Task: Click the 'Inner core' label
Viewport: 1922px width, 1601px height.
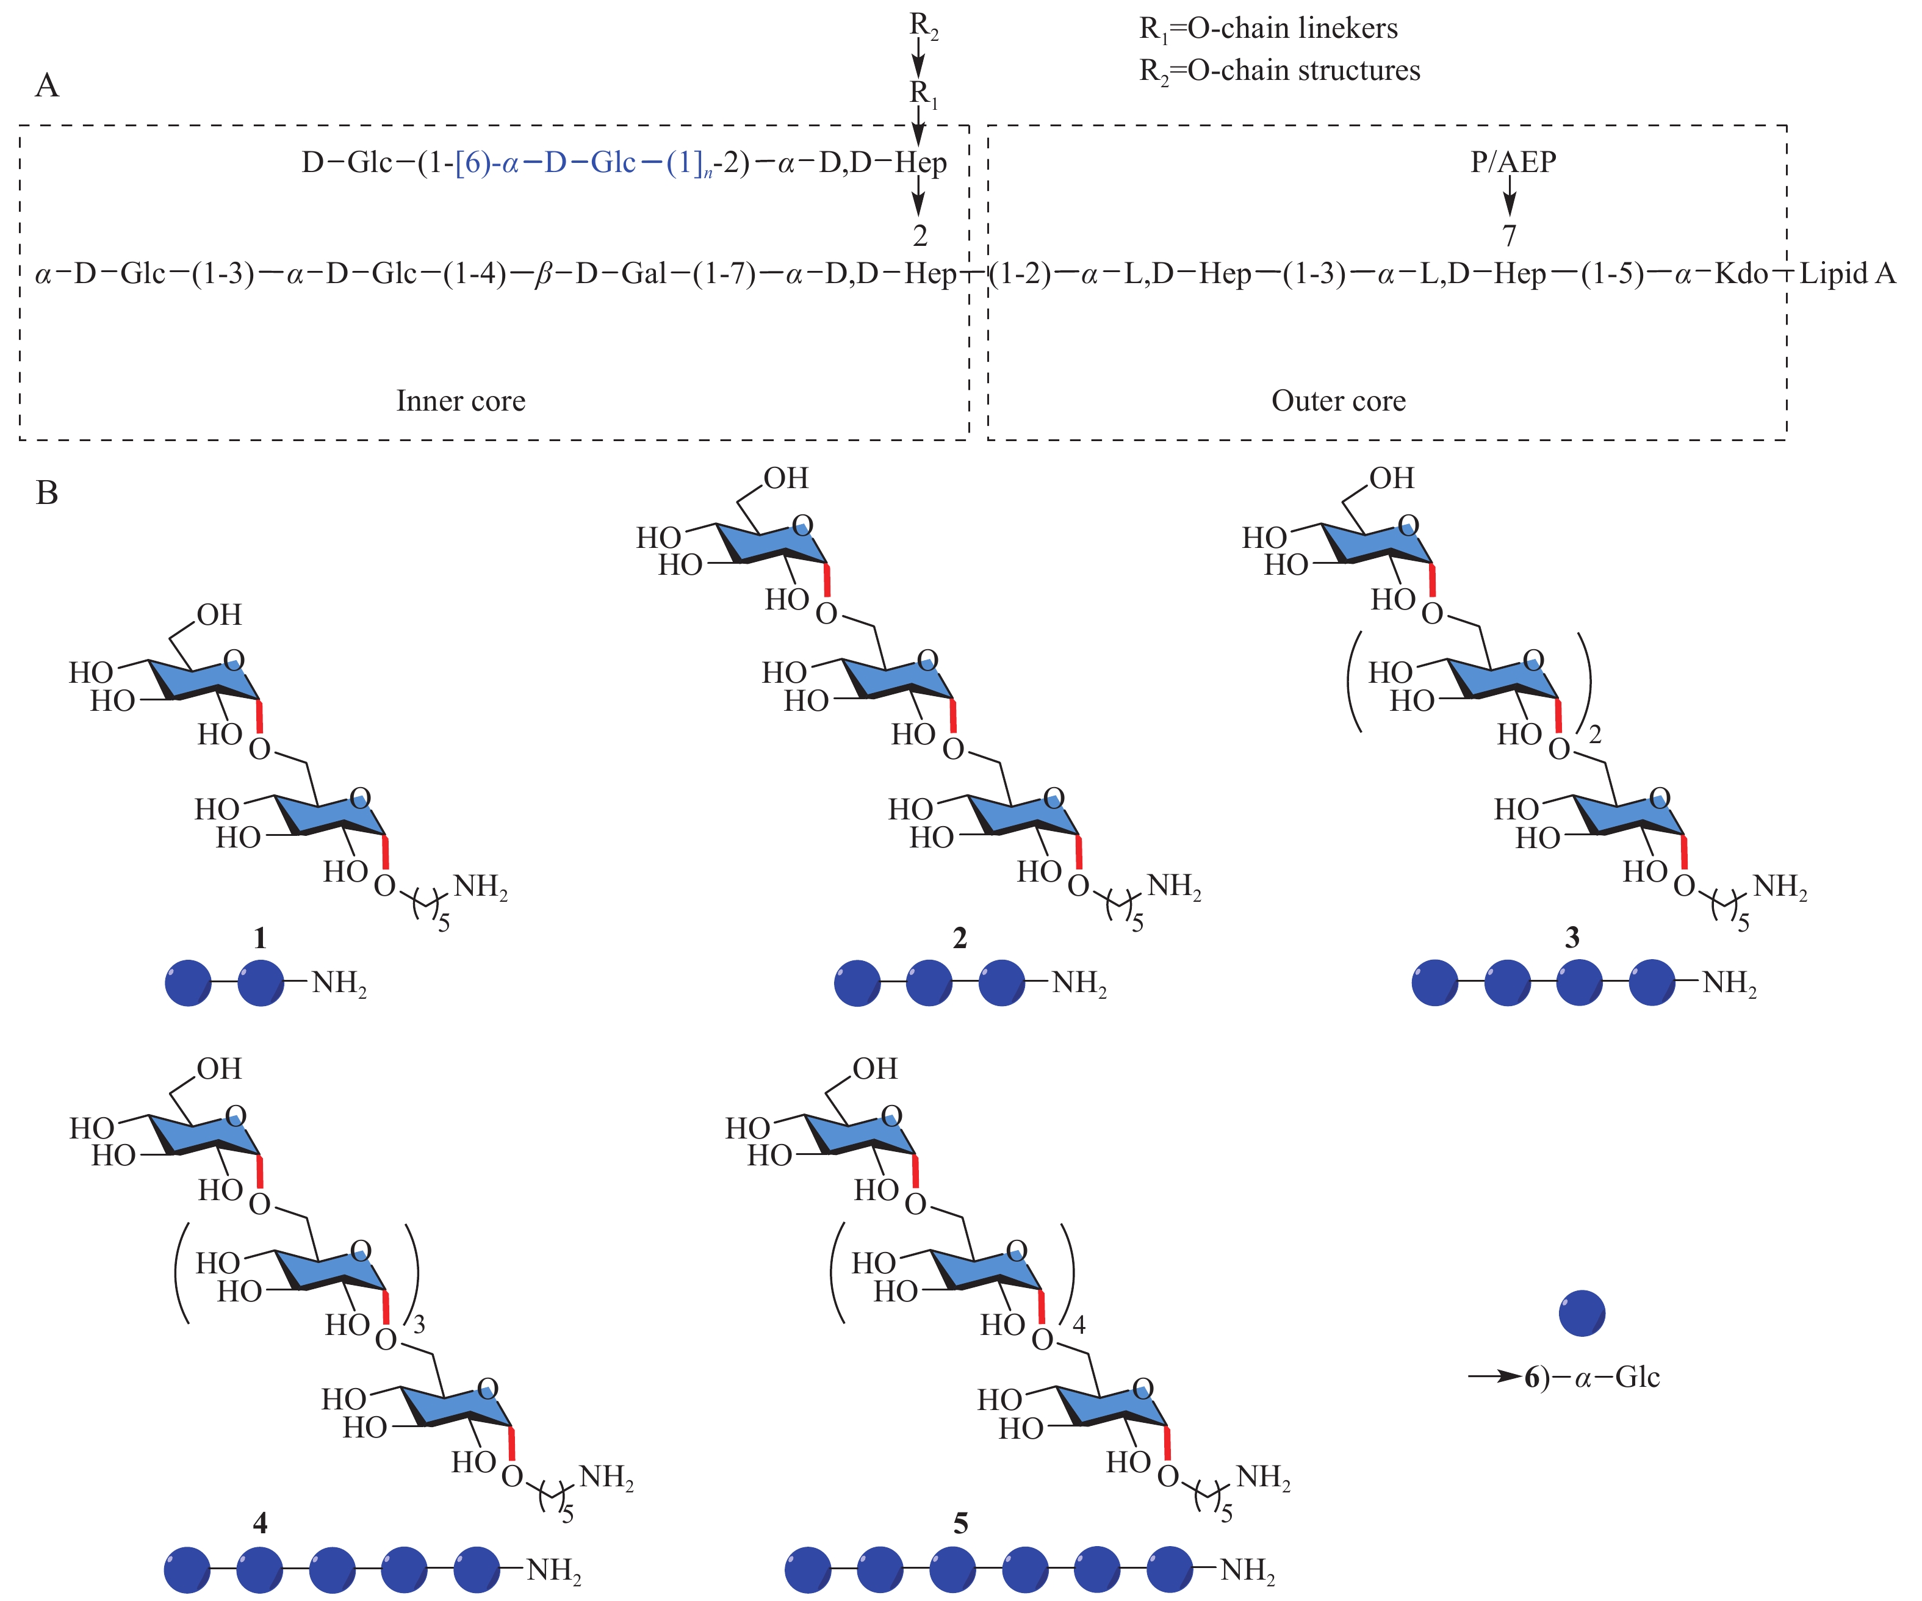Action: tap(460, 401)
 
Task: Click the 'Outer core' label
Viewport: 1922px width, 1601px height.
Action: tap(1338, 401)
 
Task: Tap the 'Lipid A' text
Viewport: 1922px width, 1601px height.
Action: tap(1847, 274)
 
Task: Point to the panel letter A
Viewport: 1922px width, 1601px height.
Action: tap(46, 86)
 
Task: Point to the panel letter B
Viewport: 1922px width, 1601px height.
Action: tap(46, 494)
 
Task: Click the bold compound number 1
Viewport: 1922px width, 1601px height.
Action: tap(260, 937)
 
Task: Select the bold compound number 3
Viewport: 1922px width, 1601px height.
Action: tap(1572, 937)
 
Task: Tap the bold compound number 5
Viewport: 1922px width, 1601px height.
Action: tap(960, 1523)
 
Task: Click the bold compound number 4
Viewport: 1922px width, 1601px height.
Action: tap(260, 1523)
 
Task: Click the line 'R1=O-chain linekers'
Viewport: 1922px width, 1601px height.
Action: tap(1268, 29)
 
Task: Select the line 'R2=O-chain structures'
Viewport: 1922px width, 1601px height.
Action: tap(1280, 71)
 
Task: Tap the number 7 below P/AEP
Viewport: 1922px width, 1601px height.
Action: tap(1510, 236)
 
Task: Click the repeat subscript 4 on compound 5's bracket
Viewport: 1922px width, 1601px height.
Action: tap(1079, 1325)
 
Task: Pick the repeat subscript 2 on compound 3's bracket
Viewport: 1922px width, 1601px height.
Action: tap(1595, 734)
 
